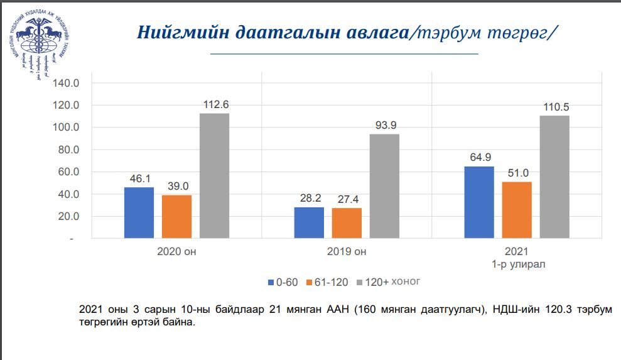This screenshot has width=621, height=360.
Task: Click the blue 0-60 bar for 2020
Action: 139,213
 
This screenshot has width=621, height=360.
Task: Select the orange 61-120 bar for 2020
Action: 176,217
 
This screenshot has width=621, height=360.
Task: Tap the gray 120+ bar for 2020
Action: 214,176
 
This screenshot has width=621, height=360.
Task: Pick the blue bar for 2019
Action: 309,223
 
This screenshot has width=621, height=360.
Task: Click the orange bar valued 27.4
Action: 347,224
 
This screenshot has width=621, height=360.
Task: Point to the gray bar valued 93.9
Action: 384,187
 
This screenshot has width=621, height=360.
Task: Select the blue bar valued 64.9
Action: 479,202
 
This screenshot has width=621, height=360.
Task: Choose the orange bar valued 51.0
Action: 517,210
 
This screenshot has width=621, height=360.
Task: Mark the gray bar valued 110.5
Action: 554,177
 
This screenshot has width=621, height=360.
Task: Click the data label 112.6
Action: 214,105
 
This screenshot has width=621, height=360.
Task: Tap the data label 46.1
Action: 139,179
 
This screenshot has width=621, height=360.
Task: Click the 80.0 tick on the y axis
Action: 67,150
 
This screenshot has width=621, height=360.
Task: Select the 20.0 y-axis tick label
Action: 67,217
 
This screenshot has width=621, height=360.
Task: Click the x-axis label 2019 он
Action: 347,253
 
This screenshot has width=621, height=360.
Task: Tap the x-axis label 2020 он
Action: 176,253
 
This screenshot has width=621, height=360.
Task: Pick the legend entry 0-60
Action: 283,282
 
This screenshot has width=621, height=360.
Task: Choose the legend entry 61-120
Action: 327,282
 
